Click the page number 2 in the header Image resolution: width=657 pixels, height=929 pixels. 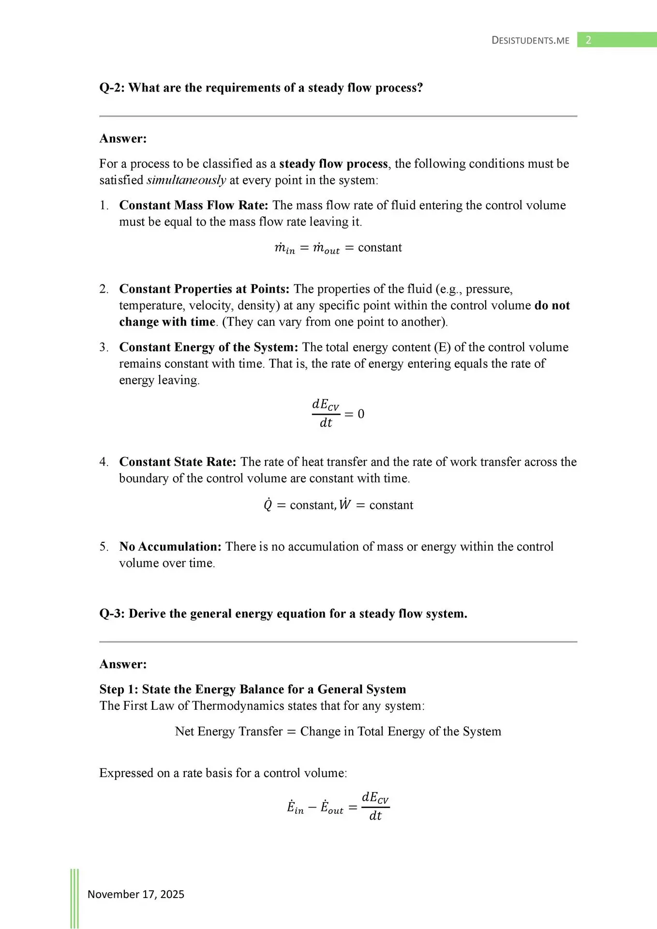[x=588, y=40]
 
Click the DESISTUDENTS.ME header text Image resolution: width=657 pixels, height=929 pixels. [x=530, y=41]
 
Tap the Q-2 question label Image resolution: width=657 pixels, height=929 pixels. [x=112, y=88]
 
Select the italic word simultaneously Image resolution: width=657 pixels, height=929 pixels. [x=186, y=180]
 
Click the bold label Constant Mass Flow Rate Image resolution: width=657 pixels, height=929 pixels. [x=194, y=205]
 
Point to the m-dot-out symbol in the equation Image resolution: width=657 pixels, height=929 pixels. [x=326, y=248]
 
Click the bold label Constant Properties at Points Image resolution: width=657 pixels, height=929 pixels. [x=204, y=289]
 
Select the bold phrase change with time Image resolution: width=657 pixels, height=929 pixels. [x=167, y=322]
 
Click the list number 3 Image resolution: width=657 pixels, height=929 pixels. [x=104, y=347]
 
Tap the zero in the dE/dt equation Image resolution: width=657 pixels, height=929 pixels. [x=361, y=414]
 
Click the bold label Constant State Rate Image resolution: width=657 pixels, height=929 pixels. [x=178, y=462]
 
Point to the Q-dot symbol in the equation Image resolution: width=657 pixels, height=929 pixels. [x=268, y=505]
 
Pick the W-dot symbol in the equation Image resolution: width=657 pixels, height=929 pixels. [x=345, y=505]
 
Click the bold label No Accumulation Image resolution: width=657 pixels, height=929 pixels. [x=170, y=547]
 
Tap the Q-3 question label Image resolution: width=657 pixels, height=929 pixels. [x=112, y=614]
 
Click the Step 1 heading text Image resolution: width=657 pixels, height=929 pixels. [x=253, y=689]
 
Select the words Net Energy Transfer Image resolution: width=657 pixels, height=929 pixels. [x=228, y=731]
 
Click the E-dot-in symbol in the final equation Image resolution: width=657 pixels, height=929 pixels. [x=295, y=808]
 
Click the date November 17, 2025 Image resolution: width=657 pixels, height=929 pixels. [x=136, y=894]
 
